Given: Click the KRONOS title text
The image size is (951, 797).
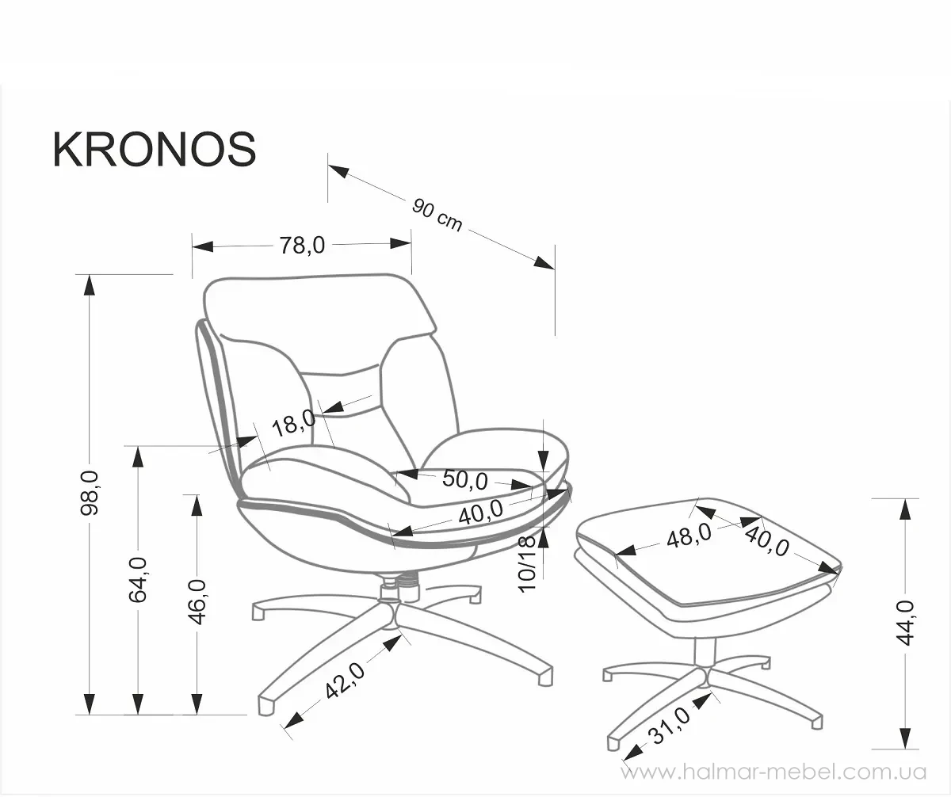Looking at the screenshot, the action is (155, 150).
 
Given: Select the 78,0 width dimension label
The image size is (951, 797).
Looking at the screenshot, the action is (302, 245).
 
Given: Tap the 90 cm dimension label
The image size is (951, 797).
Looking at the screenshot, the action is (437, 215).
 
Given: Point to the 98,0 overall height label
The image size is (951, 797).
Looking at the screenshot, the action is (90, 493).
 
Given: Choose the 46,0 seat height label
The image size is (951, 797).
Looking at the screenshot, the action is (197, 602).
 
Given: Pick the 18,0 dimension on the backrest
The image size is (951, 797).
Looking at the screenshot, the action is (293, 423).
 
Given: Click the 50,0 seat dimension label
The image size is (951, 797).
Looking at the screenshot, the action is (464, 479).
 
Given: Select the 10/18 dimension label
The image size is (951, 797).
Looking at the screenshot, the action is (528, 563).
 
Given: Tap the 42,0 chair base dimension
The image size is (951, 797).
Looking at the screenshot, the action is (345, 681).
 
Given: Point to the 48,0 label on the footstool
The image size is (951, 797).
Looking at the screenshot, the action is (689, 535).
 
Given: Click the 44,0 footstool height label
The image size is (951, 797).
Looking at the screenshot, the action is (905, 623).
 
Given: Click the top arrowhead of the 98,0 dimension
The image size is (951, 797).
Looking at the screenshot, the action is (90, 284).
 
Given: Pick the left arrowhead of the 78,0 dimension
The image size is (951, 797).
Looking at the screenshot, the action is (203, 246).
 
